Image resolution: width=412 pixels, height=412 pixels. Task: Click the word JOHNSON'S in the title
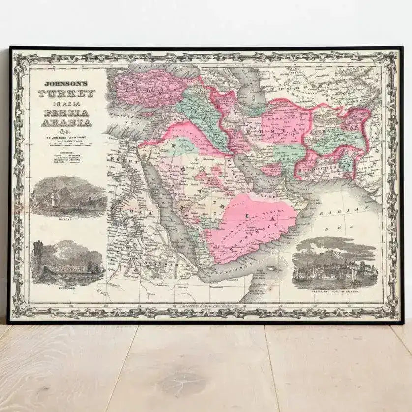66,84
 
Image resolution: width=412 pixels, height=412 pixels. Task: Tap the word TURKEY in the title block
66,94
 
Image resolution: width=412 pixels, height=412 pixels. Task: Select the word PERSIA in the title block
66,113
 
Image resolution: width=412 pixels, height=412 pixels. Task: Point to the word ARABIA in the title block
66,122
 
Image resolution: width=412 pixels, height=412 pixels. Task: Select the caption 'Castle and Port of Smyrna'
335,292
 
